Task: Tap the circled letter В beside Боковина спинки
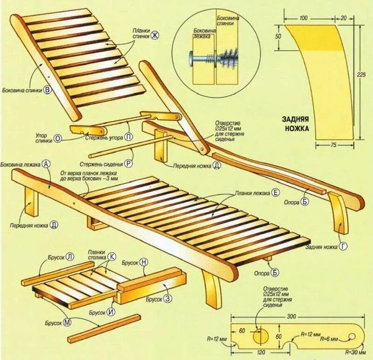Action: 47,91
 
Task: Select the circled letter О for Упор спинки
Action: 58,138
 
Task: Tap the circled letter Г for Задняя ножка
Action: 344,247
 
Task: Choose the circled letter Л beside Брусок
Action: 70,257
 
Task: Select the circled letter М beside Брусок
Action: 67,322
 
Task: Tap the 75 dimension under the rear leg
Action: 333,145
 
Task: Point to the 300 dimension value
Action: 291,317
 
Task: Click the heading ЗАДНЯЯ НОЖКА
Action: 296,122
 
